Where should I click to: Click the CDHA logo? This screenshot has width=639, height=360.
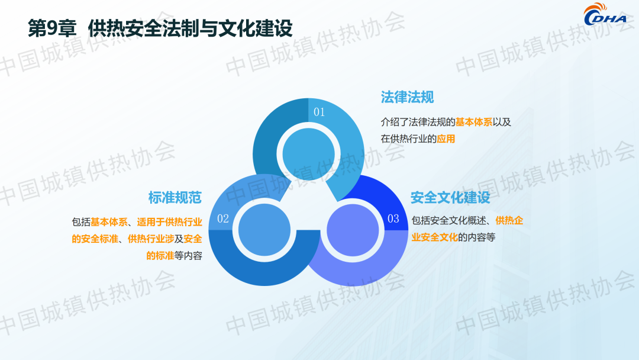click(x=606, y=15)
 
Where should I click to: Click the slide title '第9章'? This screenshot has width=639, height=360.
click(x=52, y=28)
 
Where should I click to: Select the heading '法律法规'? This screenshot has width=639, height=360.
click(x=407, y=98)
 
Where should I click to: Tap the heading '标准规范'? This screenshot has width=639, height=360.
click(x=175, y=198)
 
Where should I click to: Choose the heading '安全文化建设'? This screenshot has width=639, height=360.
click(x=450, y=198)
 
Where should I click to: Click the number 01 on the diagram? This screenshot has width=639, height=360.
click(x=319, y=112)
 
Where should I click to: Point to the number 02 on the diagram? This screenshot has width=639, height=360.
click(x=223, y=219)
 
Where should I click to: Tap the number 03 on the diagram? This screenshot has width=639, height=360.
click(x=393, y=219)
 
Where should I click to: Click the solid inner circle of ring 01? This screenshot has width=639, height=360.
click(x=308, y=154)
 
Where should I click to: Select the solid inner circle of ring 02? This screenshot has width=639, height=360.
click(x=264, y=230)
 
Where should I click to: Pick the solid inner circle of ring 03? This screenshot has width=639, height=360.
click(x=353, y=230)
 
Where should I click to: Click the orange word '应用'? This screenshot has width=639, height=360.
click(x=446, y=139)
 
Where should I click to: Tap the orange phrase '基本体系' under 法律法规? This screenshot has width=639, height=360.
click(x=473, y=122)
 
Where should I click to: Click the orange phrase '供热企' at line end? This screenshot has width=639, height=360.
click(x=509, y=221)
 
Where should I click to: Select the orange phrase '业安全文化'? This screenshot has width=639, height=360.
click(x=434, y=237)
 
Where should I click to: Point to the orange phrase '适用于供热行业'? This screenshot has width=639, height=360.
click(x=170, y=222)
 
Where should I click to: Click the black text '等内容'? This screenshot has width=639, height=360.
click(x=188, y=256)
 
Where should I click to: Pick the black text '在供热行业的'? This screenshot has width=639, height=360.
click(x=408, y=139)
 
